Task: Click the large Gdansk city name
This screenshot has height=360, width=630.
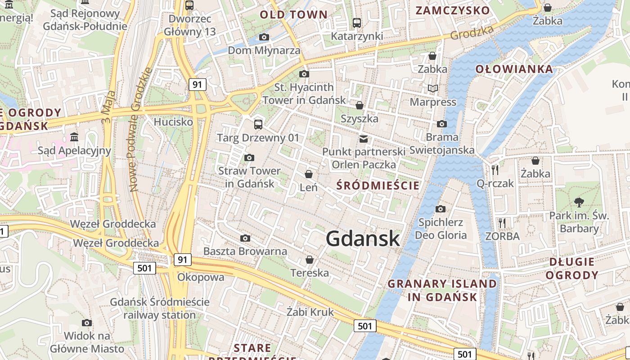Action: tap(363, 238)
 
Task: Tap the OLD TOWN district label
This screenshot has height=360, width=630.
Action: tap(294, 14)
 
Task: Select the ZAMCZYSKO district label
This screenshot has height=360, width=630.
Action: tap(453, 10)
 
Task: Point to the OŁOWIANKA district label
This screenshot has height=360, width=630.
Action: tap(514, 69)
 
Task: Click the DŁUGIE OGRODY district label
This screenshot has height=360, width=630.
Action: tap(572, 268)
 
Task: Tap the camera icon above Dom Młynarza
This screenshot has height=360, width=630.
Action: tap(264, 37)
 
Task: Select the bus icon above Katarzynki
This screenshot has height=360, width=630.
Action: tap(357, 22)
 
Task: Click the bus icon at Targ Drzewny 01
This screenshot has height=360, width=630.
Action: tap(258, 124)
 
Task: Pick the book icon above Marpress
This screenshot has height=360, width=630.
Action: tap(433, 89)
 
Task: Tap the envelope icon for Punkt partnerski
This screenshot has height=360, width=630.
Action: tap(364, 139)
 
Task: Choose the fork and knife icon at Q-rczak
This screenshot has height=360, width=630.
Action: tap(495, 170)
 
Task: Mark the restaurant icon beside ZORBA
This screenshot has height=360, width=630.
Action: tap(502, 223)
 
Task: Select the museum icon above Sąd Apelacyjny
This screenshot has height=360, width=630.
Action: tap(74, 137)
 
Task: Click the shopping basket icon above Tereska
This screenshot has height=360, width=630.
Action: tap(310, 260)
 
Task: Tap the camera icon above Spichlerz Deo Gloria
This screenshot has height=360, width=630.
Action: tap(441, 209)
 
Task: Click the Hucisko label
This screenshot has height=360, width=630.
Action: tap(173, 121)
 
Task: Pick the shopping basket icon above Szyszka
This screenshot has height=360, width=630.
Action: tap(360, 105)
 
